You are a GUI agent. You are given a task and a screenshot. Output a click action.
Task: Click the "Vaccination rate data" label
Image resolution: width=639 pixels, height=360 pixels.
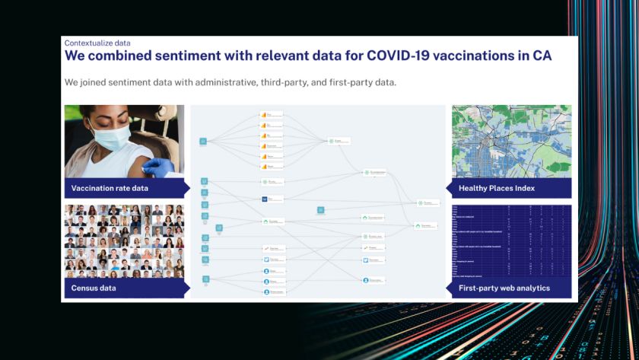(x=110, y=188)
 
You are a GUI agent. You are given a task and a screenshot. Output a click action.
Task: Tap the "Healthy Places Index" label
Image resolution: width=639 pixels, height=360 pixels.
(x=497, y=188)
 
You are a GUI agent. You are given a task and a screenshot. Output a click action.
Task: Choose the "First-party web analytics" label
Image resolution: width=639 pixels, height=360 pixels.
(x=504, y=288)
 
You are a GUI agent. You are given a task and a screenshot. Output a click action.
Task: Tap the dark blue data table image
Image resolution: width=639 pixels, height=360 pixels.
(x=511, y=240)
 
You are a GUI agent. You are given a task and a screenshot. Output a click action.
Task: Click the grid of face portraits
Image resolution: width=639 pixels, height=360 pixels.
(x=124, y=240)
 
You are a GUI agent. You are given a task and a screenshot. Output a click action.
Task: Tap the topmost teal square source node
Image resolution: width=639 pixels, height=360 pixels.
(x=203, y=141)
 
